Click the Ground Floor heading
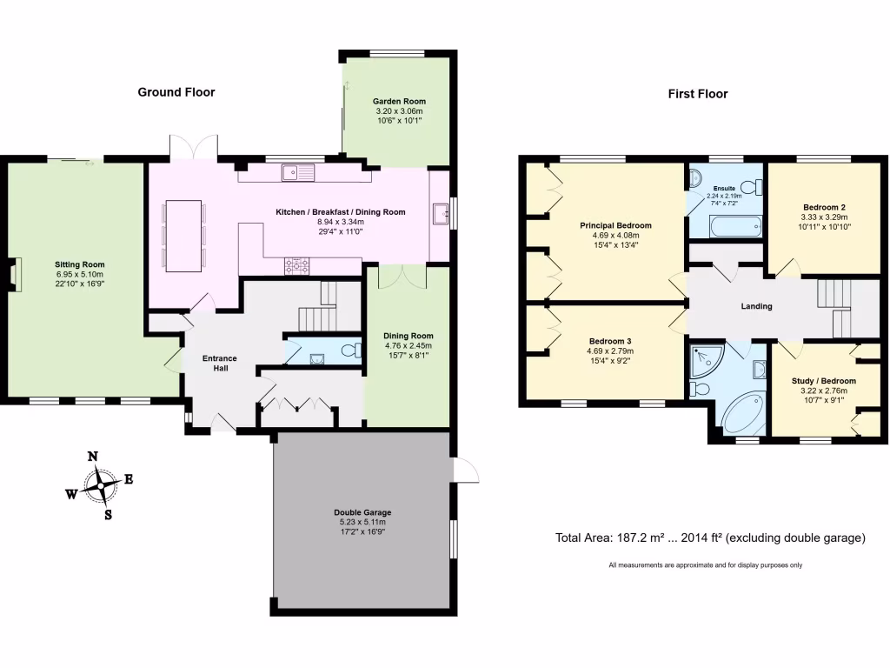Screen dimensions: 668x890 click(x=176, y=92)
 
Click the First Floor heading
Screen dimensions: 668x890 click(x=698, y=94)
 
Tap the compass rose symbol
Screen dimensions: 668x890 click(x=103, y=484)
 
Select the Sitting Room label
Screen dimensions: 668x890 click(x=80, y=264)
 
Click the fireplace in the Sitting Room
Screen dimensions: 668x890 click(x=14, y=274)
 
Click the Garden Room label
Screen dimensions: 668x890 click(x=399, y=102)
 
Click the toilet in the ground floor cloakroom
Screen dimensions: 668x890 click(x=351, y=351)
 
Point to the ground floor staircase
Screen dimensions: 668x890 click(x=317, y=310)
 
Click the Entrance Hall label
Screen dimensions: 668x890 click(x=220, y=363)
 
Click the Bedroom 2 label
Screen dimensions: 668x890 click(x=824, y=207)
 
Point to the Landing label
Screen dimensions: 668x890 click(x=756, y=306)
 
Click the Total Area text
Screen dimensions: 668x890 click(x=710, y=538)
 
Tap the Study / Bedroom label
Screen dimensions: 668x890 click(x=823, y=381)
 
